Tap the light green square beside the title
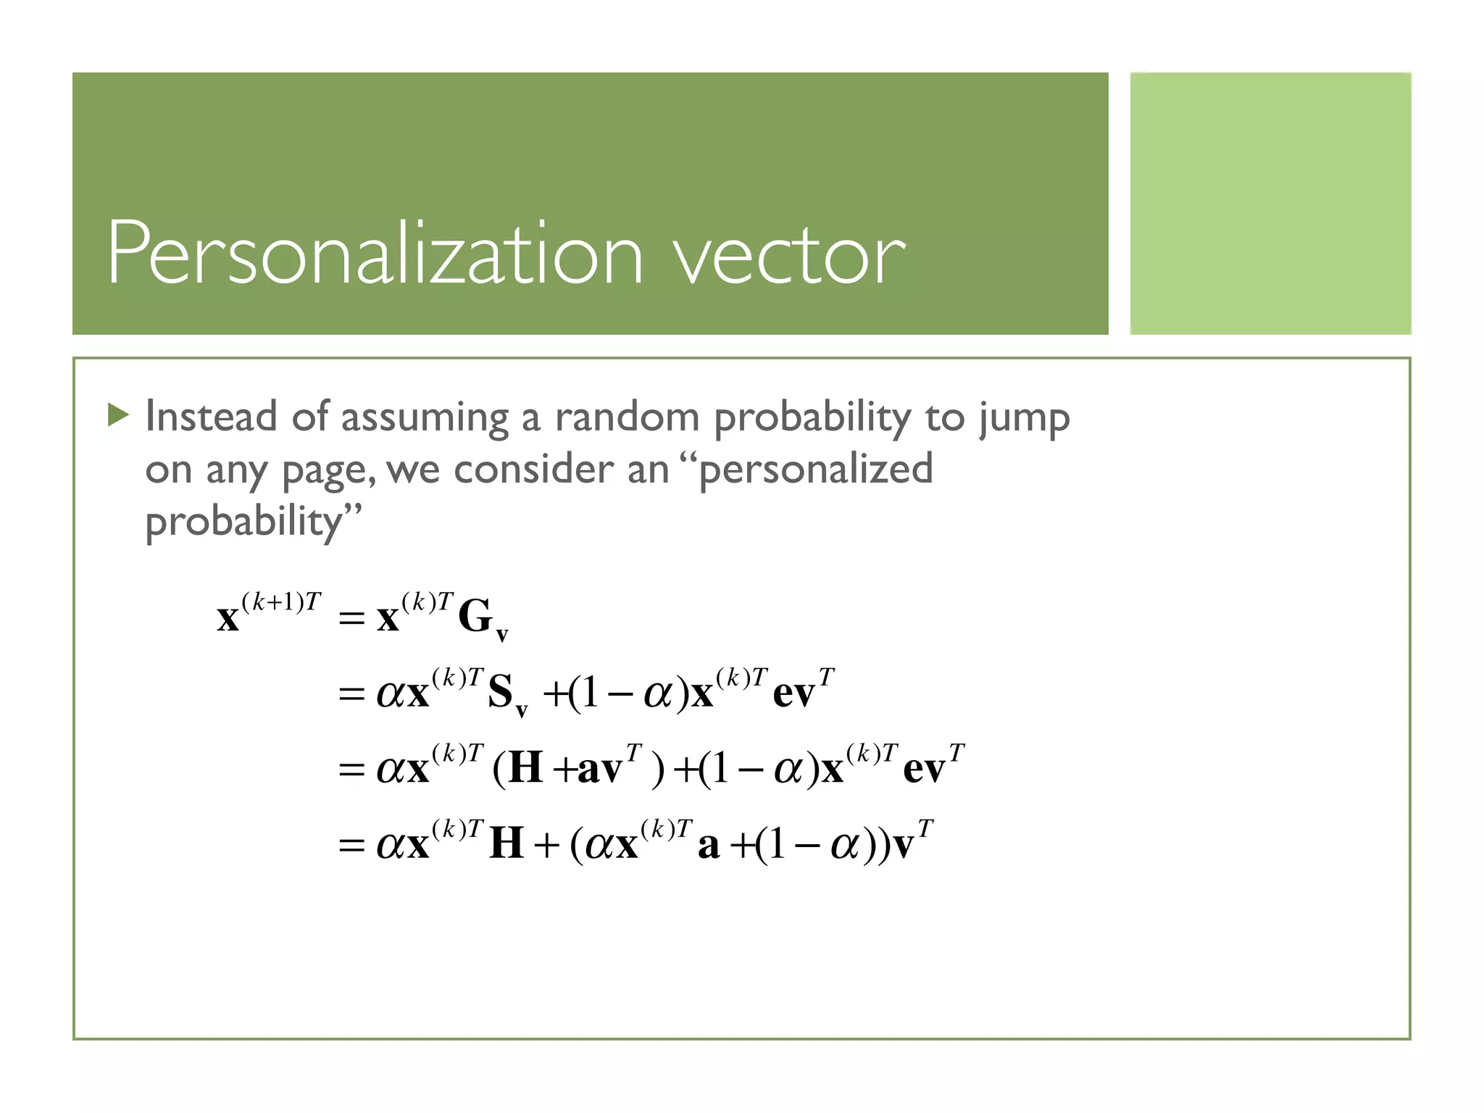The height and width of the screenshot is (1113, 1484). (x=1270, y=204)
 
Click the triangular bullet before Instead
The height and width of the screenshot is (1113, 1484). (x=117, y=415)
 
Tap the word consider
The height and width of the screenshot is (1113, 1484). (x=534, y=470)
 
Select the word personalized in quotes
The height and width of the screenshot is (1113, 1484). (x=816, y=470)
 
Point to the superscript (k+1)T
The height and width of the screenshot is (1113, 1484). (x=280, y=601)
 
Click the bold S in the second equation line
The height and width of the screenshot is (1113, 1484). (x=500, y=692)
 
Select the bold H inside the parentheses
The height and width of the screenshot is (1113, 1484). (x=526, y=768)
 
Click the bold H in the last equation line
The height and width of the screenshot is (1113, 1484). (x=507, y=844)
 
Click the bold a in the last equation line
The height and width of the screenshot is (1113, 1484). (x=708, y=846)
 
